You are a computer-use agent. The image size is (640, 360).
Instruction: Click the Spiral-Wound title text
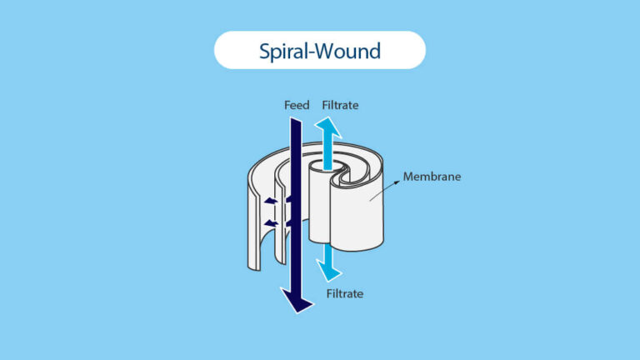click(320, 51)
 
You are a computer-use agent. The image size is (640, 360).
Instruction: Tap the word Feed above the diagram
click(297, 105)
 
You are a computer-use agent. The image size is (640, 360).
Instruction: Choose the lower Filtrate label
click(343, 293)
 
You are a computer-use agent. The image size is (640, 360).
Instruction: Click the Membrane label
click(432, 177)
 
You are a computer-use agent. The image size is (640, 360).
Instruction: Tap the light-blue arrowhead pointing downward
click(331, 271)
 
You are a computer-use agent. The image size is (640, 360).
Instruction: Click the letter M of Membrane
click(407, 177)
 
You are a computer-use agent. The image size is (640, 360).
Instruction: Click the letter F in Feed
click(287, 105)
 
